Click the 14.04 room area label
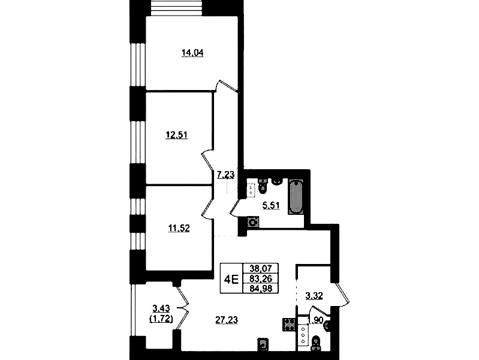pos(193,53)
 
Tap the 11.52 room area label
pos(179,227)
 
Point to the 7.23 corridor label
pos(225,175)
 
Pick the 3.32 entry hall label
pos(315,295)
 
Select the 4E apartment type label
pos(231,278)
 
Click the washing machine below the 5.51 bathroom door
pos(253,222)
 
